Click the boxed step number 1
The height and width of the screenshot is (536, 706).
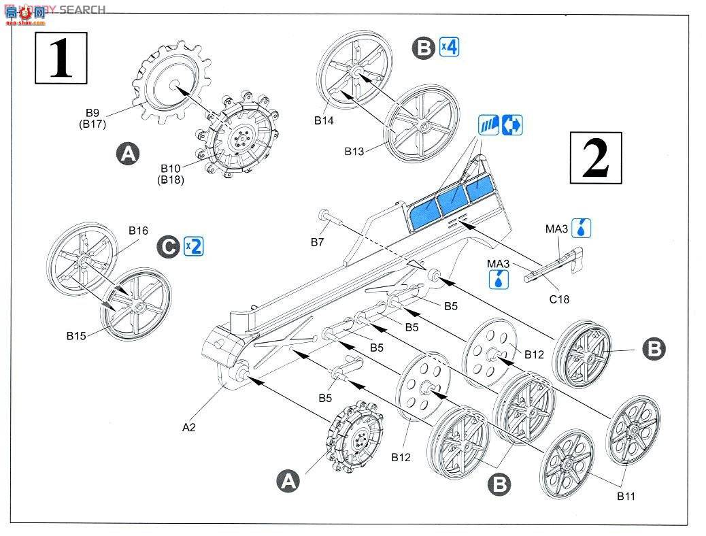61,58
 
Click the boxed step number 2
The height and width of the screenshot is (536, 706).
596,158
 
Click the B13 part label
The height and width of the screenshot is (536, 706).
354,152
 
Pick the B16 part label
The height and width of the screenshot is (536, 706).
138,231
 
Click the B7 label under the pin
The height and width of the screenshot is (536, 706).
318,241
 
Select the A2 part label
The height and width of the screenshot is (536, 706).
190,428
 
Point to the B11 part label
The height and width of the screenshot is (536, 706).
626,496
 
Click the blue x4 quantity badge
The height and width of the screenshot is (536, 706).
449,47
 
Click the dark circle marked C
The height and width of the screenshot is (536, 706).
168,246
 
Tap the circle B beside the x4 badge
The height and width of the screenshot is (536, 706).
424,48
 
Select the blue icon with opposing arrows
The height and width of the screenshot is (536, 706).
512,125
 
